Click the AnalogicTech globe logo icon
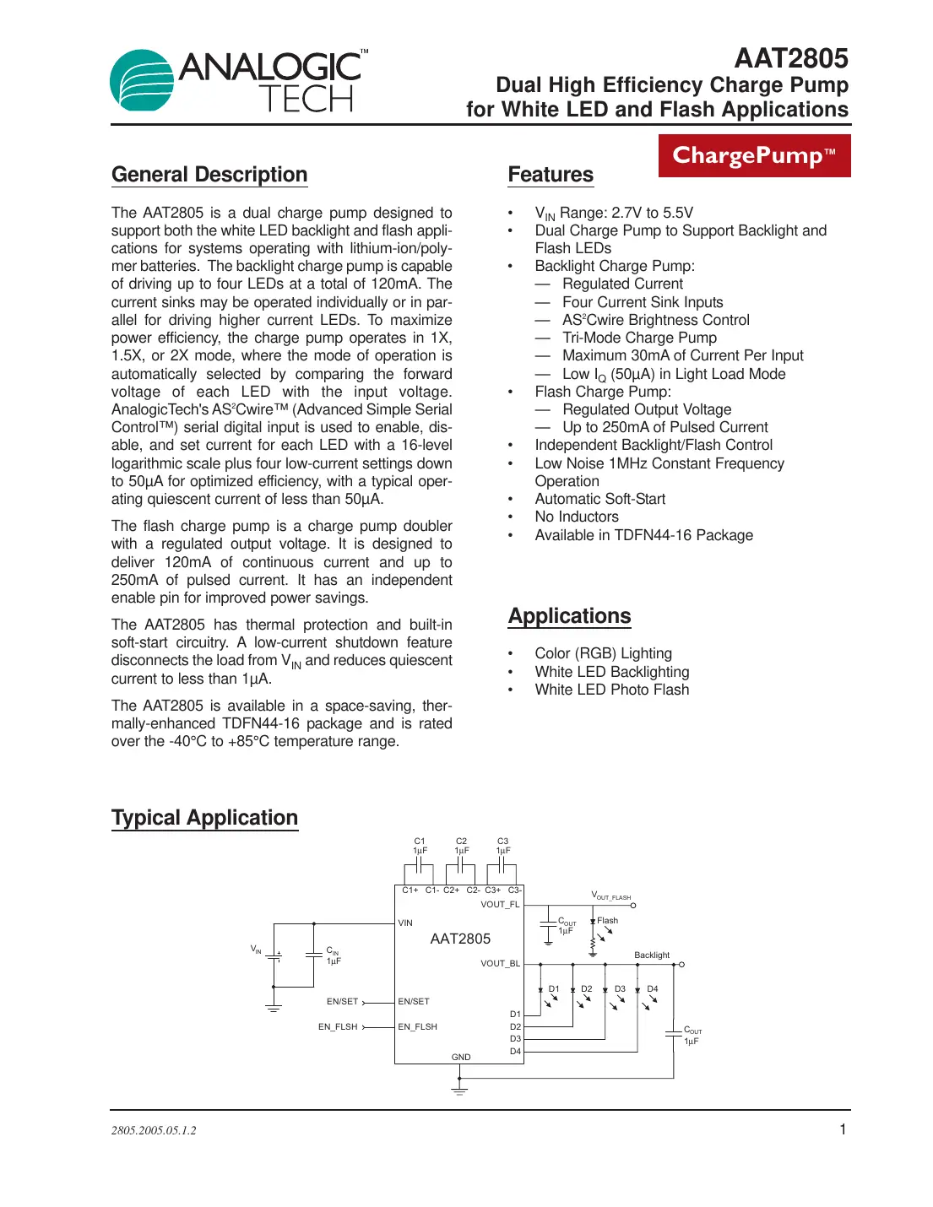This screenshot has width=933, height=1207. [142, 81]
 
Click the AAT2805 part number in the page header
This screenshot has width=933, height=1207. [790, 58]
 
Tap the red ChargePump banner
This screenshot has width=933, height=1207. [754, 156]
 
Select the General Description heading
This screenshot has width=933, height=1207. [209, 175]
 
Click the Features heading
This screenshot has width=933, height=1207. [551, 175]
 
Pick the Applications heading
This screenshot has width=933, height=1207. [569, 616]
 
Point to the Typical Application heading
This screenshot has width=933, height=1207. [204, 818]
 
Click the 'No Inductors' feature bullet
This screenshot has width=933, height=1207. [576, 517]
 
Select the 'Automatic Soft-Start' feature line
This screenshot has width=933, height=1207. [599, 499]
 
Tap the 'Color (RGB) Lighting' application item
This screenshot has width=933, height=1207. [603, 653]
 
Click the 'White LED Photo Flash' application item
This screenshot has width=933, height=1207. [611, 690]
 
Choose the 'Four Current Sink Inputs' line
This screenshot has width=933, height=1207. [643, 302]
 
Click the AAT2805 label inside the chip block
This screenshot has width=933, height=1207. [460, 939]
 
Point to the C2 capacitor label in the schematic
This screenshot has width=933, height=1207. [461, 842]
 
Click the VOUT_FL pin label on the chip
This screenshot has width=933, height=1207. [500, 904]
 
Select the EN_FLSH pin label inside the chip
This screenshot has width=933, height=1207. [417, 1026]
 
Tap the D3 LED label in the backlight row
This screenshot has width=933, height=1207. [620, 988]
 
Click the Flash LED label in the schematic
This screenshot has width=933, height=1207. [607, 921]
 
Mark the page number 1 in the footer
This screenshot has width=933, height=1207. [842, 1129]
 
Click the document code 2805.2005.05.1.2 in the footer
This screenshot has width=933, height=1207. [154, 1130]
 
